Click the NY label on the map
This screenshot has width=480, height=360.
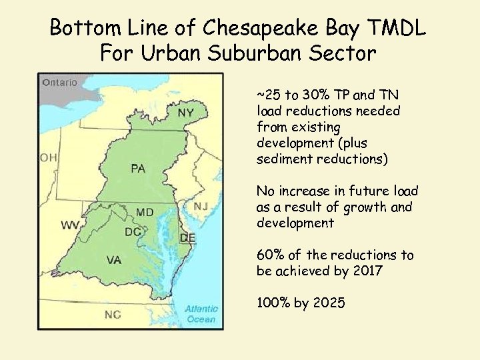(186, 113)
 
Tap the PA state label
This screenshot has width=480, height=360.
(138, 168)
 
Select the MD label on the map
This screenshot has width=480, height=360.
(145, 212)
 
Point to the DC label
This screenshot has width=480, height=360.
(132, 232)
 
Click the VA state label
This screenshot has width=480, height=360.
(114, 260)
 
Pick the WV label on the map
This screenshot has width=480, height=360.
(70, 225)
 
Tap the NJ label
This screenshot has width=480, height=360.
(201, 206)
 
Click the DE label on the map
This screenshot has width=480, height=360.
(188, 238)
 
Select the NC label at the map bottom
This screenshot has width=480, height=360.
(113, 314)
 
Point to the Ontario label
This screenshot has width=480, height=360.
(60, 83)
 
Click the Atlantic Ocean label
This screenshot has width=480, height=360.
(201, 314)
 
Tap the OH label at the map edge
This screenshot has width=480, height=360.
(48, 157)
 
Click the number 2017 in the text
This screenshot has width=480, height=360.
(365, 271)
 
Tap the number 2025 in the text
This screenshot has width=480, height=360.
(329, 303)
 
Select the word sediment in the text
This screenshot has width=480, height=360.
(282, 159)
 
